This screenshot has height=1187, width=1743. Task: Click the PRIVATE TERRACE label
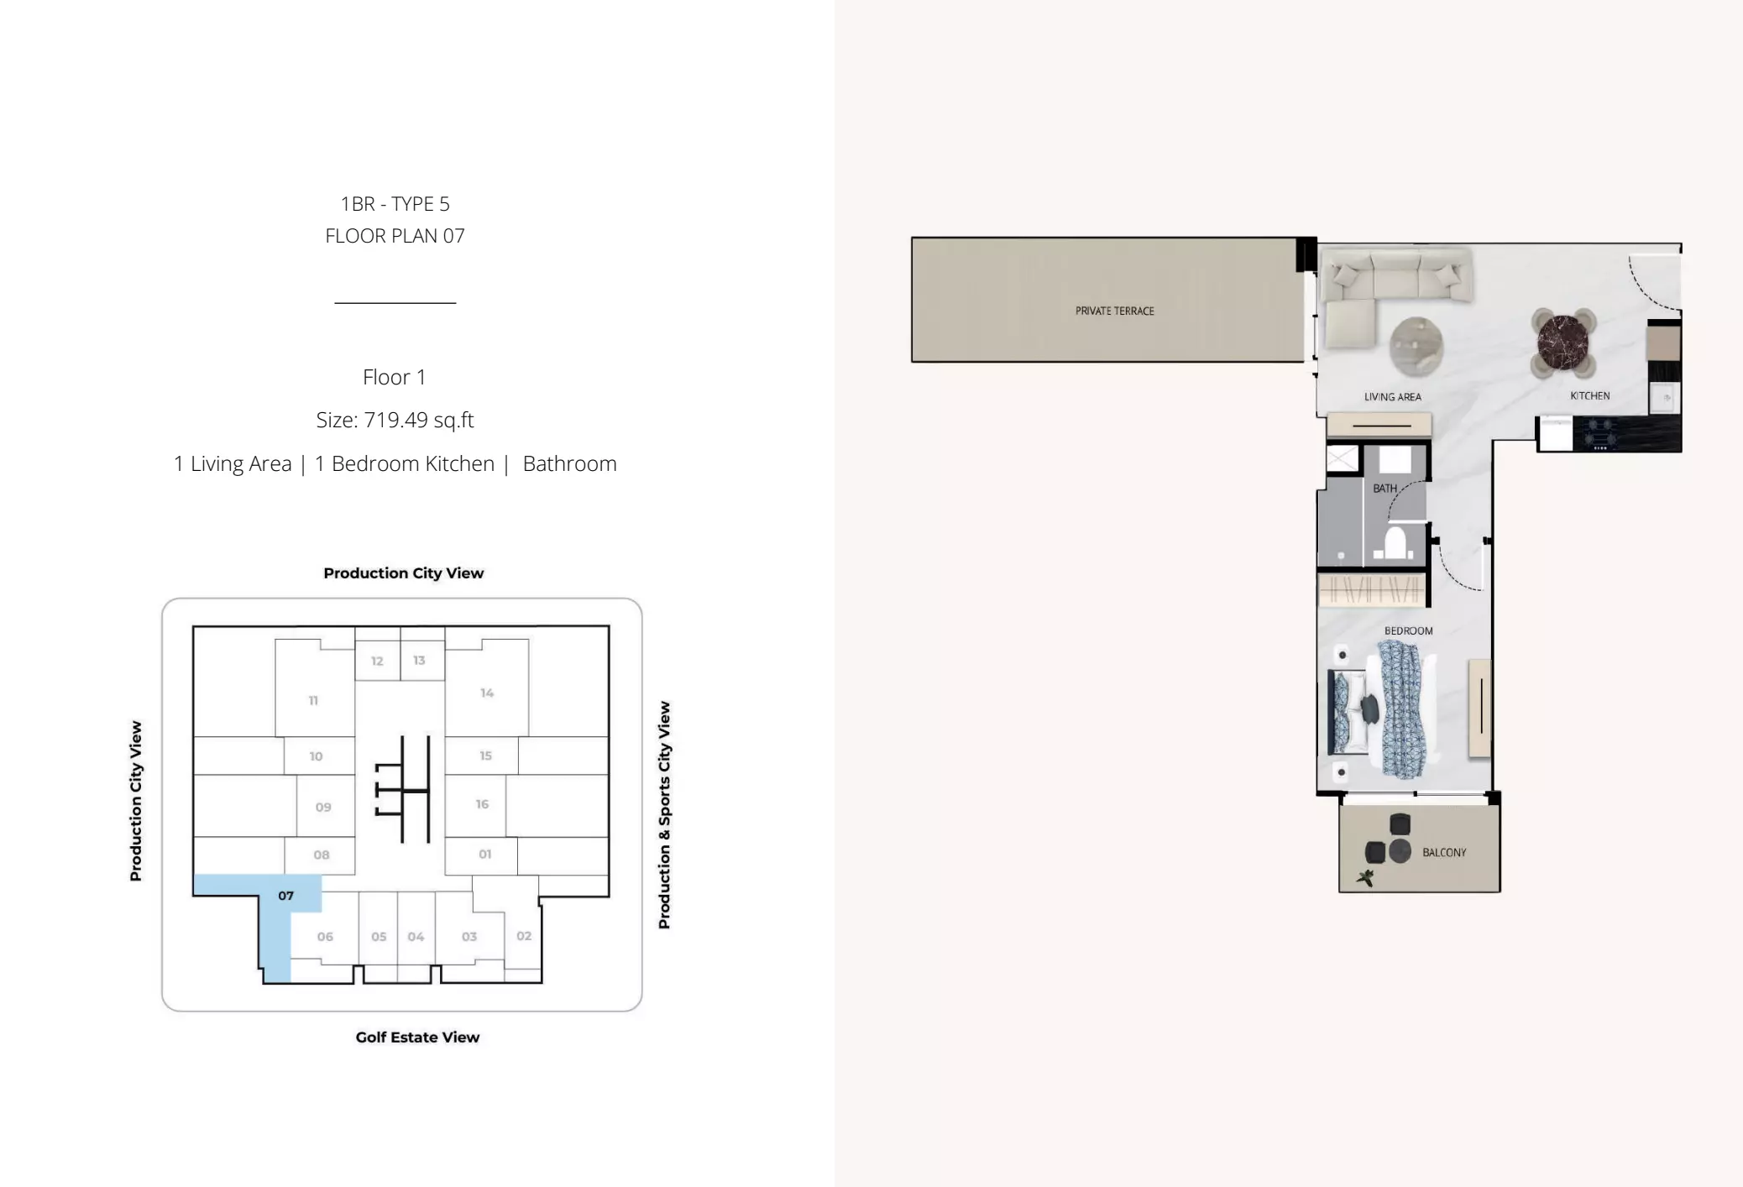click(x=1114, y=311)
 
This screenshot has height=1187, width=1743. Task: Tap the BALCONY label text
click(x=1444, y=852)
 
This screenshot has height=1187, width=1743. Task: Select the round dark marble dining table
click(x=1562, y=342)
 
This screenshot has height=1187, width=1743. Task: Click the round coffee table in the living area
click(x=1416, y=345)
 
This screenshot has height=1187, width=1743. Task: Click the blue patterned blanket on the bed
click(x=1403, y=709)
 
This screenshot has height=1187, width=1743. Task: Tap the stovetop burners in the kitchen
click(x=1600, y=434)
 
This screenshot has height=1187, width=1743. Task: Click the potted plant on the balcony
click(x=1365, y=878)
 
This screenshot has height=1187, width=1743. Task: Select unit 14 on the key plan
click(x=487, y=693)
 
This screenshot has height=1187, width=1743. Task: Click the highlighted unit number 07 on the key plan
click(x=286, y=896)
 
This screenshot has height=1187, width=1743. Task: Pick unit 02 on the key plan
click(x=524, y=936)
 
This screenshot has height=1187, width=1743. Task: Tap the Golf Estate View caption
click(x=417, y=1037)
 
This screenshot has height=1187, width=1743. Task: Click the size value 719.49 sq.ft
click(x=419, y=420)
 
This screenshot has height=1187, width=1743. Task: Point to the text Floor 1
click(x=394, y=377)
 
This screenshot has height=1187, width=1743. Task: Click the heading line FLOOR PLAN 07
click(x=395, y=236)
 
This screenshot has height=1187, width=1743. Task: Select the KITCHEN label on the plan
click(x=1589, y=395)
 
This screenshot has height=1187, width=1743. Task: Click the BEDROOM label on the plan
click(x=1408, y=630)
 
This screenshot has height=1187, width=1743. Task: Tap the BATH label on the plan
click(x=1384, y=488)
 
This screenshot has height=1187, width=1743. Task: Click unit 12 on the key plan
click(x=377, y=661)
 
